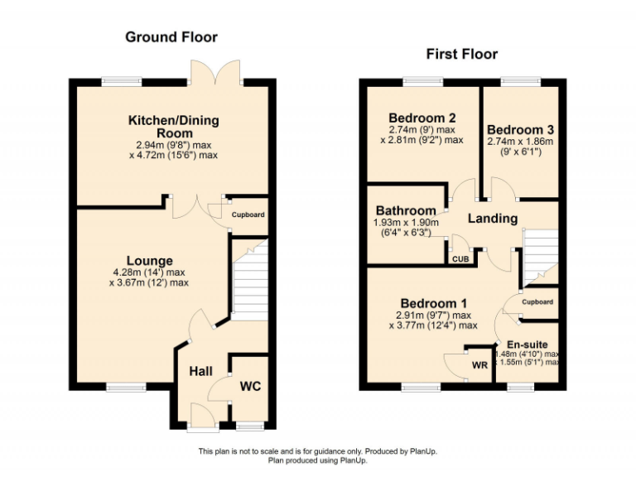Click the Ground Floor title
(171, 36)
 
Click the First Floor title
(461, 54)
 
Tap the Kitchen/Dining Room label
(173, 127)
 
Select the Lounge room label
(149, 261)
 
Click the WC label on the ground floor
(250, 386)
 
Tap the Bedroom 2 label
(422, 118)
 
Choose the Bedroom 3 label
(520, 130)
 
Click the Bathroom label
(406, 211)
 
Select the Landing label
(493, 219)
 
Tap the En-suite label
(527, 344)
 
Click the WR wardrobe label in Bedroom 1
(479, 365)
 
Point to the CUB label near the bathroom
(460, 259)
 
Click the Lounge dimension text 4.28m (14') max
(149, 272)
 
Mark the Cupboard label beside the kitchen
(248, 214)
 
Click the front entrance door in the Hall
(201, 417)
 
